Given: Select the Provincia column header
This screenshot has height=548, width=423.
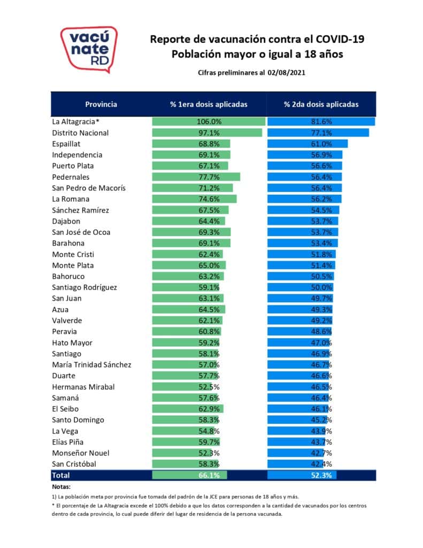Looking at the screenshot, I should click(x=101, y=104).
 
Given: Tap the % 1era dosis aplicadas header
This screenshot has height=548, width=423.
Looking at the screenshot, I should click(x=209, y=104).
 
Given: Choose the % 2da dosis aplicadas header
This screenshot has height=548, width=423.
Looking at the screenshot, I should click(x=321, y=104).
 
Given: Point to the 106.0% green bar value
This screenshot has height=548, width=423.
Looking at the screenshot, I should click(x=209, y=121).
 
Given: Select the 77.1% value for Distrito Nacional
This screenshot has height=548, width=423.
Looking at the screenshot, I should click(x=321, y=133).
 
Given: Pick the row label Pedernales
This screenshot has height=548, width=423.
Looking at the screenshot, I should click(x=71, y=177).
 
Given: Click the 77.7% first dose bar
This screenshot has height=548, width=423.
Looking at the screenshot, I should click(x=209, y=177).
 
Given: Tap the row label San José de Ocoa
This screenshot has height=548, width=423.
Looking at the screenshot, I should click(x=81, y=232).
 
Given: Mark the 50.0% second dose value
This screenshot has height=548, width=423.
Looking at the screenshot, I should click(x=321, y=287).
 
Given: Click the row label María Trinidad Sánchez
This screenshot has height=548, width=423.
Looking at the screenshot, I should click(x=91, y=365).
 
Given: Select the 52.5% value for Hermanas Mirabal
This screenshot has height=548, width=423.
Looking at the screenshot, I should click(x=209, y=387).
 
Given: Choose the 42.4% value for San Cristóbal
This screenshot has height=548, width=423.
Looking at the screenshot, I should click(x=321, y=464).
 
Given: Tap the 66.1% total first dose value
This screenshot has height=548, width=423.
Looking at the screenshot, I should click(x=209, y=475).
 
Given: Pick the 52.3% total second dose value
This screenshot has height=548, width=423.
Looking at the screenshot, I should click(x=321, y=475).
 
